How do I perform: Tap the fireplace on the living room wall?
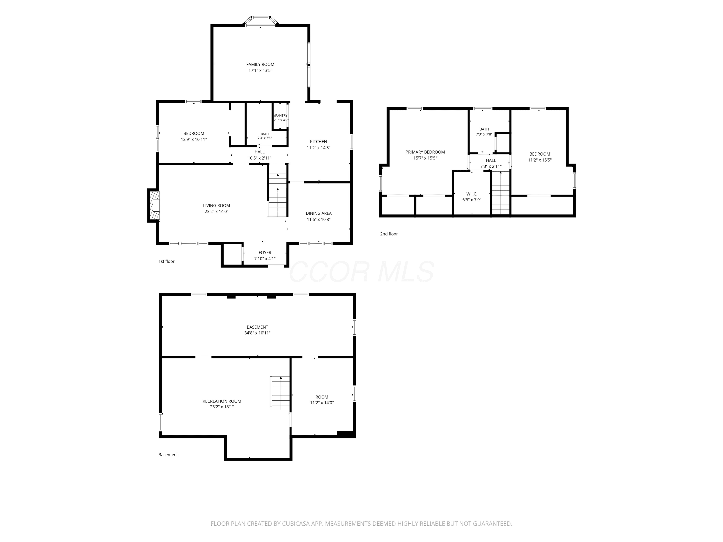tap(154, 205)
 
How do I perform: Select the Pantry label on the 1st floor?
tap(281, 116)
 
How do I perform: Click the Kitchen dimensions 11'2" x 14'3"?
tap(318, 148)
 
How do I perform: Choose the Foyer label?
tap(265, 252)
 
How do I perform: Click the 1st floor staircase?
tap(277, 191)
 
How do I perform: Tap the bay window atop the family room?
tap(261, 20)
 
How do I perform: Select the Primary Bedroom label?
tap(425, 152)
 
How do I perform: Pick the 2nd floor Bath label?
tap(484, 129)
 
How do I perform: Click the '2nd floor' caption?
tap(389, 234)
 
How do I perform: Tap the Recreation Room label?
tap(222, 401)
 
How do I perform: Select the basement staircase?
tap(280, 393)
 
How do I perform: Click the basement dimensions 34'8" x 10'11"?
tap(257, 333)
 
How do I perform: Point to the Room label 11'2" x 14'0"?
tap(322, 400)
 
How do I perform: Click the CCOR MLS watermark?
tap(361, 272)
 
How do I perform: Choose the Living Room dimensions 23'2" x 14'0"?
tap(216, 211)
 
